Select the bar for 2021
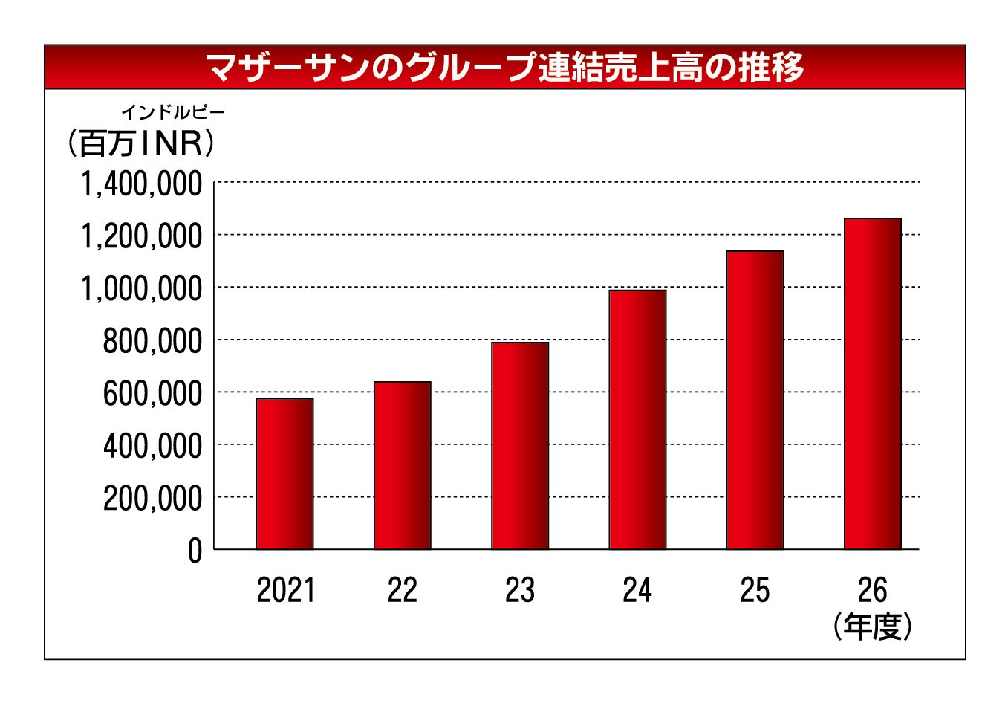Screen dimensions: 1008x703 pyautogui.click(x=284, y=474)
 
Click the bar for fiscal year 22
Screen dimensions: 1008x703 pyautogui.click(x=403, y=465)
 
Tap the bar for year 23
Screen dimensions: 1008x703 pyautogui.click(x=520, y=446)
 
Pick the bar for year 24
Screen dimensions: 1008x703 pyautogui.click(x=637, y=419)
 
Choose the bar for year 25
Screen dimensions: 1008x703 pyautogui.click(x=755, y=400)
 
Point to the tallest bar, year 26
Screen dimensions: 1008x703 pyautogui.click(x=873, y=383)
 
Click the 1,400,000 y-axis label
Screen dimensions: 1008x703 pyautogui.click(x=141, y=184)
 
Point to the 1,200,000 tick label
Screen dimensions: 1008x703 pyautogui.click(x=141, y=236)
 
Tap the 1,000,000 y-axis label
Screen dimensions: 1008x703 pyautogui.click(x=141, y=288)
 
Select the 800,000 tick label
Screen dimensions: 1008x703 pyautogui.click(x=152, y=341)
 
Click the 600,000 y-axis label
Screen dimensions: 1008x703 pyautogui.click(x=152, y=394)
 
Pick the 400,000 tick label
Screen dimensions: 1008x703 pyautogui.click(x=152, y=446)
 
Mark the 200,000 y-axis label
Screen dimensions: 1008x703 pyautogui.click(x=152, y=499)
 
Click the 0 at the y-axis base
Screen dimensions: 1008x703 pyautogui.click(x=195, y=551)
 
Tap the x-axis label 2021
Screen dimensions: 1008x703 pyautogui.click(x=285, y=590)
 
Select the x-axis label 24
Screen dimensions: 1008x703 pyautogui.click(x=637, y=590)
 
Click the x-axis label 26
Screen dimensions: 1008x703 pyautogui.click(x=873, y=590)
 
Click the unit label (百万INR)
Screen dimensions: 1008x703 pyautogui.click(x=141, y=143)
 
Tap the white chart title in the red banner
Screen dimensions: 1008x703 pyautogui.click(x=504, y=68)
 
